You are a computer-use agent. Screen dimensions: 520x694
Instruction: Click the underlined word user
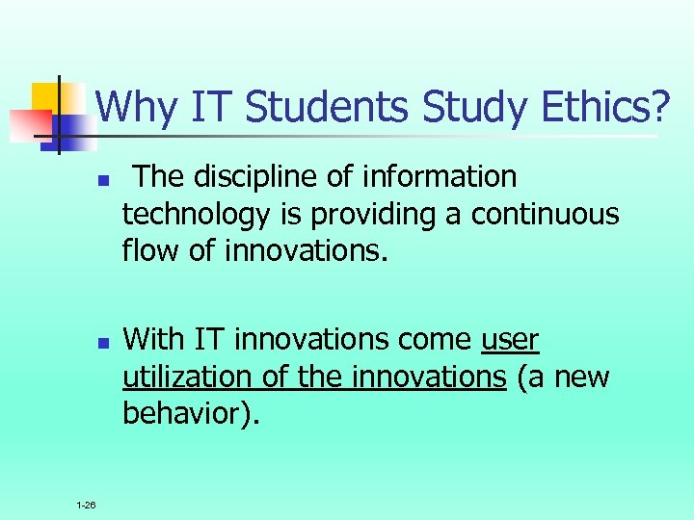coord(510,340)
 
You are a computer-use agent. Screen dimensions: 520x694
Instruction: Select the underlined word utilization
coord(189,377)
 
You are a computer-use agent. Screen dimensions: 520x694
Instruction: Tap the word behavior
coord(186,413)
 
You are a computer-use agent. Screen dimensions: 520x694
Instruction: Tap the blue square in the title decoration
coord(71,126)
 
